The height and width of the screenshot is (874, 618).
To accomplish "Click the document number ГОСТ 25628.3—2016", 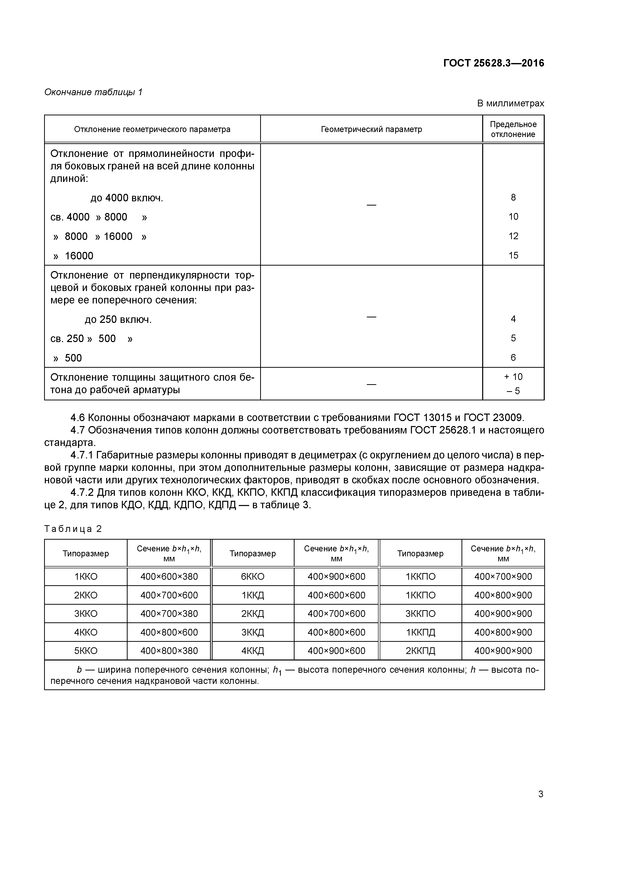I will pyautogui.click(x=493, y=63).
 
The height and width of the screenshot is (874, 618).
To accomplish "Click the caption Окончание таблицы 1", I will pyautogui.click(x=93, y=92).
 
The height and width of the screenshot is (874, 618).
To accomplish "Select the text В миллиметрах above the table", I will pyautogui.click(x=510, y=104).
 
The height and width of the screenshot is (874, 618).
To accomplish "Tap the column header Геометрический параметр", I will pyautogui.click(x=371, y=129).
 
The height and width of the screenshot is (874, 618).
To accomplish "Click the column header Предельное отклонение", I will pyautogui.click(x=513, y=129).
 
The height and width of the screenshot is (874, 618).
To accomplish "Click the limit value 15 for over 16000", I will pyautogui.click(x=513, y=255).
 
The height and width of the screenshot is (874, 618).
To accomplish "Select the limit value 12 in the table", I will pyautogui.click(x=513, y=236).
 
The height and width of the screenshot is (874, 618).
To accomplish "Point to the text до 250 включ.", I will pyautogui.click(x=118, y=320).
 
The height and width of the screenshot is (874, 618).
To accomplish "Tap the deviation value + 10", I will pyautogui.click(x=513, y=377).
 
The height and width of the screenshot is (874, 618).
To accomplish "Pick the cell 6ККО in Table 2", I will pyautogui.click(x=252, y=577).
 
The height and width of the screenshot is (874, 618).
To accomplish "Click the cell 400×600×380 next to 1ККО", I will pyautogui.click(x=169, y=577).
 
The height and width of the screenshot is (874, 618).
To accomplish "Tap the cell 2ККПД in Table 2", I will pyautogui.click(x=420, y=651).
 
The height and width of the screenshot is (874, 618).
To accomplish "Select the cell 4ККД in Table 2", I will pyautogui.click(x=252, y=651).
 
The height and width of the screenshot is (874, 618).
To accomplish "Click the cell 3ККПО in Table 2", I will pyautogui.click(x=420, y=614).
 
